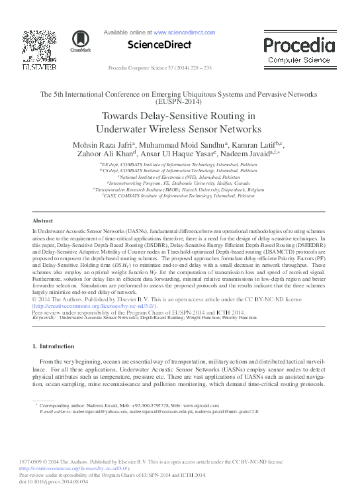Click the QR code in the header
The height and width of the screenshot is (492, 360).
pos(32,42)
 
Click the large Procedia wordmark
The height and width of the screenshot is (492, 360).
pos(299,46)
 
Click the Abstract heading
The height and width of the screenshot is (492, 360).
pos(43,221)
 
